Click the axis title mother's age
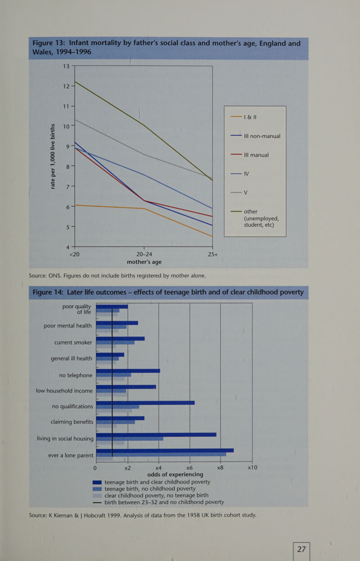144,262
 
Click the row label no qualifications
72,407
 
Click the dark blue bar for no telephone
128,371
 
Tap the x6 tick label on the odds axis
189,467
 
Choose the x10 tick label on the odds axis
252,467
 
